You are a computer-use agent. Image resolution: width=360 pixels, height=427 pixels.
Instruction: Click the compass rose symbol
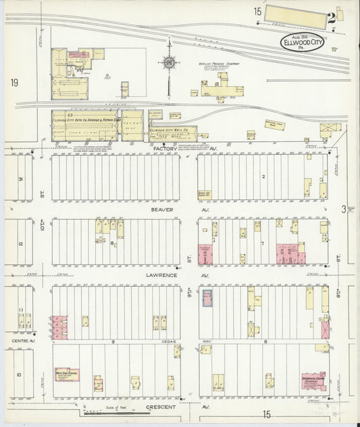coord(168,65)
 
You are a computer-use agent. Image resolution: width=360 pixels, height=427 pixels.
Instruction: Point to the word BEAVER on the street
coord(163,209)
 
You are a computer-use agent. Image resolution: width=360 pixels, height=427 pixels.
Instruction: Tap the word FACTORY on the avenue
coord(164,147)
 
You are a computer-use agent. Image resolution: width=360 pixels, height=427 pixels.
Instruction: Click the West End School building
coord(67,374)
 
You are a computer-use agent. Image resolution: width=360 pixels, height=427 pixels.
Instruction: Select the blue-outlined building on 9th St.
coord(207,299)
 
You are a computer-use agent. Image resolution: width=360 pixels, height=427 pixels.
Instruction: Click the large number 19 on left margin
coord(14,82)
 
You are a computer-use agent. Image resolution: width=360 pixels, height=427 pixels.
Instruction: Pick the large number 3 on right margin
coord(343,209)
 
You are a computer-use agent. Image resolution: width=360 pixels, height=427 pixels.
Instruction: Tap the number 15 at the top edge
coord(258,11)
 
